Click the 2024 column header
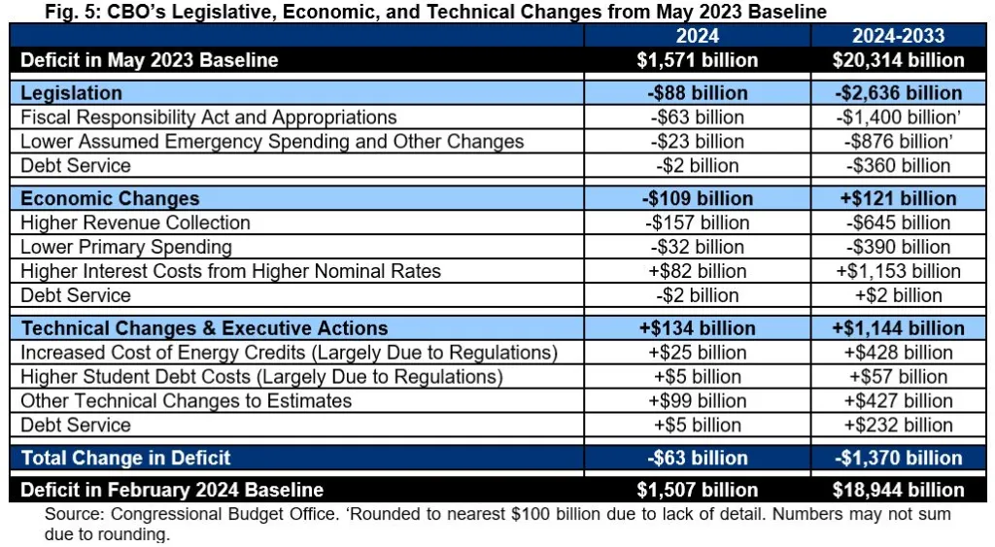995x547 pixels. (697, 36)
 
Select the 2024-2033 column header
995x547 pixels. (898, 36)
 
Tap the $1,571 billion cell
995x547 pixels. (697, 60)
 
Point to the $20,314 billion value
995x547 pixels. (898, 60)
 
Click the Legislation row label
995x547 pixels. (72, 93)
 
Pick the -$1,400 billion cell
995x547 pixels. (898, 118)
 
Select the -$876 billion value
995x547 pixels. (898, 142)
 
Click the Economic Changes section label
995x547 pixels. (110, 198)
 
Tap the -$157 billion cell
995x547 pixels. (697, 222)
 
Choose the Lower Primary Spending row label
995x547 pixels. (126, 247)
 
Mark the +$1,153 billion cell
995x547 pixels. (898, 271)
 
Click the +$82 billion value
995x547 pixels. (697, 271)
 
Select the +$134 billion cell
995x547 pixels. (697, 328)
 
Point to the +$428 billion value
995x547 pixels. (898, 353)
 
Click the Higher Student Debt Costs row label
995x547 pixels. (261, 377)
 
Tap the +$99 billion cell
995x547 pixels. (697, 400)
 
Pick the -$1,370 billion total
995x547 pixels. (898, 458)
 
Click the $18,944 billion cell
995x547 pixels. (898, 491)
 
